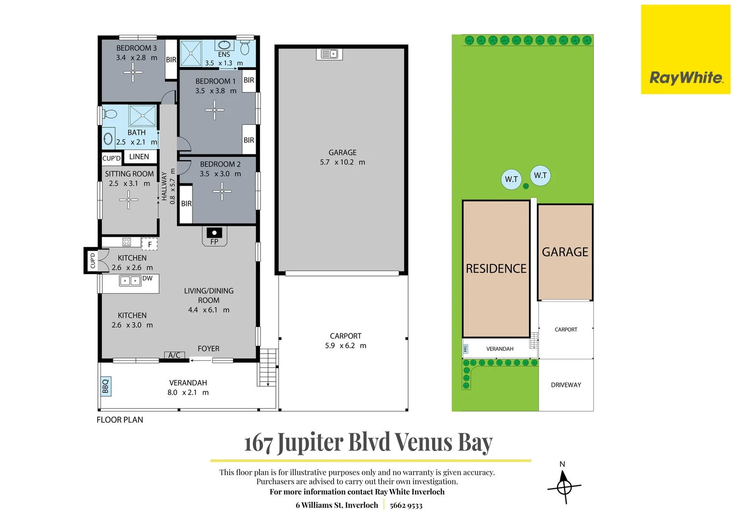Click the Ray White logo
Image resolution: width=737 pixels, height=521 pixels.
click(x=685, y=49)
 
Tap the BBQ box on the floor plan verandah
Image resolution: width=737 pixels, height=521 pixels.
click(x=106, y=386)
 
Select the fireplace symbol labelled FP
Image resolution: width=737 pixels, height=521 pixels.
click(x=214, y=236)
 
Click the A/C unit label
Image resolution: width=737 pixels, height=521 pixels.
click(x=175, y=355)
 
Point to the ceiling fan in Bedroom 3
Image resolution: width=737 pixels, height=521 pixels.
click(x=133, y=72)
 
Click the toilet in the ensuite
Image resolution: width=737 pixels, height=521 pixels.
click(x=245, y=47)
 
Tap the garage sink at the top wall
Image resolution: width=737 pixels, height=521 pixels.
click(x=329, y=54)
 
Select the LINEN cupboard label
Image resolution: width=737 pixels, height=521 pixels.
click(x=139, y=157)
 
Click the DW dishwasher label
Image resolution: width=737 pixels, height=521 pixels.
click(x=148, y=278)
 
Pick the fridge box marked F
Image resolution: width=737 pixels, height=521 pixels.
click(x=150, y=244)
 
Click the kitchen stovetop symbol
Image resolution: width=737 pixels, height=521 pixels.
click(x=127, y=242)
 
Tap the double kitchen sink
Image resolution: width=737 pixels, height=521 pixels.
click(x=130, y=281)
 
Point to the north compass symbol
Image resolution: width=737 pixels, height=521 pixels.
click(x=564, y=486)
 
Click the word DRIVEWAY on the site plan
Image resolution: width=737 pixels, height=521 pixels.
click(x=566, y=385)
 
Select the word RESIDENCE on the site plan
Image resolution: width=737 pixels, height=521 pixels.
click(x=496, y=269)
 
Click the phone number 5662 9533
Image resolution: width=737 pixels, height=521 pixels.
click(x=406, y=506)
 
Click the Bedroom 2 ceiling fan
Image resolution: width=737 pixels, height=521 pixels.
click(x=222, y=191)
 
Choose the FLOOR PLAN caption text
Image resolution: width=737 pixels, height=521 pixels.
click(x=120, y=420)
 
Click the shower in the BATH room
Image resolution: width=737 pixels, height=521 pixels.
click(x=142, y=115)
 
